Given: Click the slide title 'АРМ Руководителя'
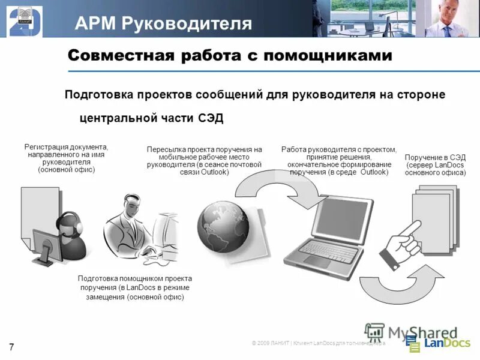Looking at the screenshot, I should [163, 23].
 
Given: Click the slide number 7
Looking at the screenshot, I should [11, 346].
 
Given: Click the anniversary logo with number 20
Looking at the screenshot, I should [25, 19].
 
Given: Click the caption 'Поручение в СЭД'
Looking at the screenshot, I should [435, 157].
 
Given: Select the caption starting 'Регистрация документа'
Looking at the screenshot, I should [66, 158].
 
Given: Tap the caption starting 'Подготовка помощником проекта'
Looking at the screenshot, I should [135, 287].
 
